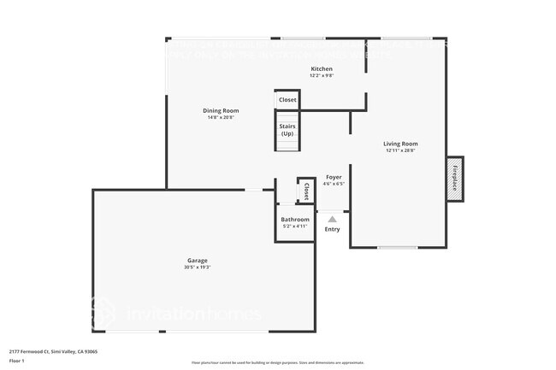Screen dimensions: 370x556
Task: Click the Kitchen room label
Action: (x=321, y=69)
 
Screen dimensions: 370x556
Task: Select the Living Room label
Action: (x=399, y=144)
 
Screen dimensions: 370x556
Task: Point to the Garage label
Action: (x=198, y=261)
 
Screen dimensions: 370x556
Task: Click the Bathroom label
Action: (x=295, y=220)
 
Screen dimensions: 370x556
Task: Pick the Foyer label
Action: (x=334, y=177)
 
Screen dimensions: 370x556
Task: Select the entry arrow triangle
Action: (x=333, y=220)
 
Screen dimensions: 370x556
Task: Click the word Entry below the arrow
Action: (x=333, y=229)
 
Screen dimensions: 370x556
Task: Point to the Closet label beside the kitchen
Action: (x=287, y=100)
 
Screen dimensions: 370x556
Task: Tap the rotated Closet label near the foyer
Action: (x=305, y=191)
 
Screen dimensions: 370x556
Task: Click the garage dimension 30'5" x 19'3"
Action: (x=198, y=267)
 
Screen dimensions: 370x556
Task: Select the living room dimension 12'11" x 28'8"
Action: (x=399, y=150)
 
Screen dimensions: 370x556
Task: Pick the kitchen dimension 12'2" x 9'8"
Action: (x=321, y=76)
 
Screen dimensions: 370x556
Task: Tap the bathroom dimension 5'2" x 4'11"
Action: (x=295, y=226)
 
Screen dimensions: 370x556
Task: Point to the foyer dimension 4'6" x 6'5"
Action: (x=334, y=184)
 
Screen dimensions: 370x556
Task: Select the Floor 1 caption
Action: (x=16, y=361)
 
